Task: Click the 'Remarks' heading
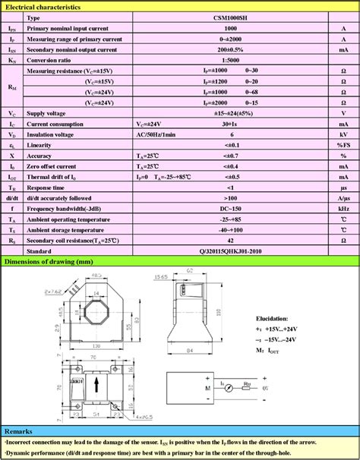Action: pyautogui.click(x=18, y=430)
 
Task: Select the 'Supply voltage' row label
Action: pyautogui.click(x=48, y=112)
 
